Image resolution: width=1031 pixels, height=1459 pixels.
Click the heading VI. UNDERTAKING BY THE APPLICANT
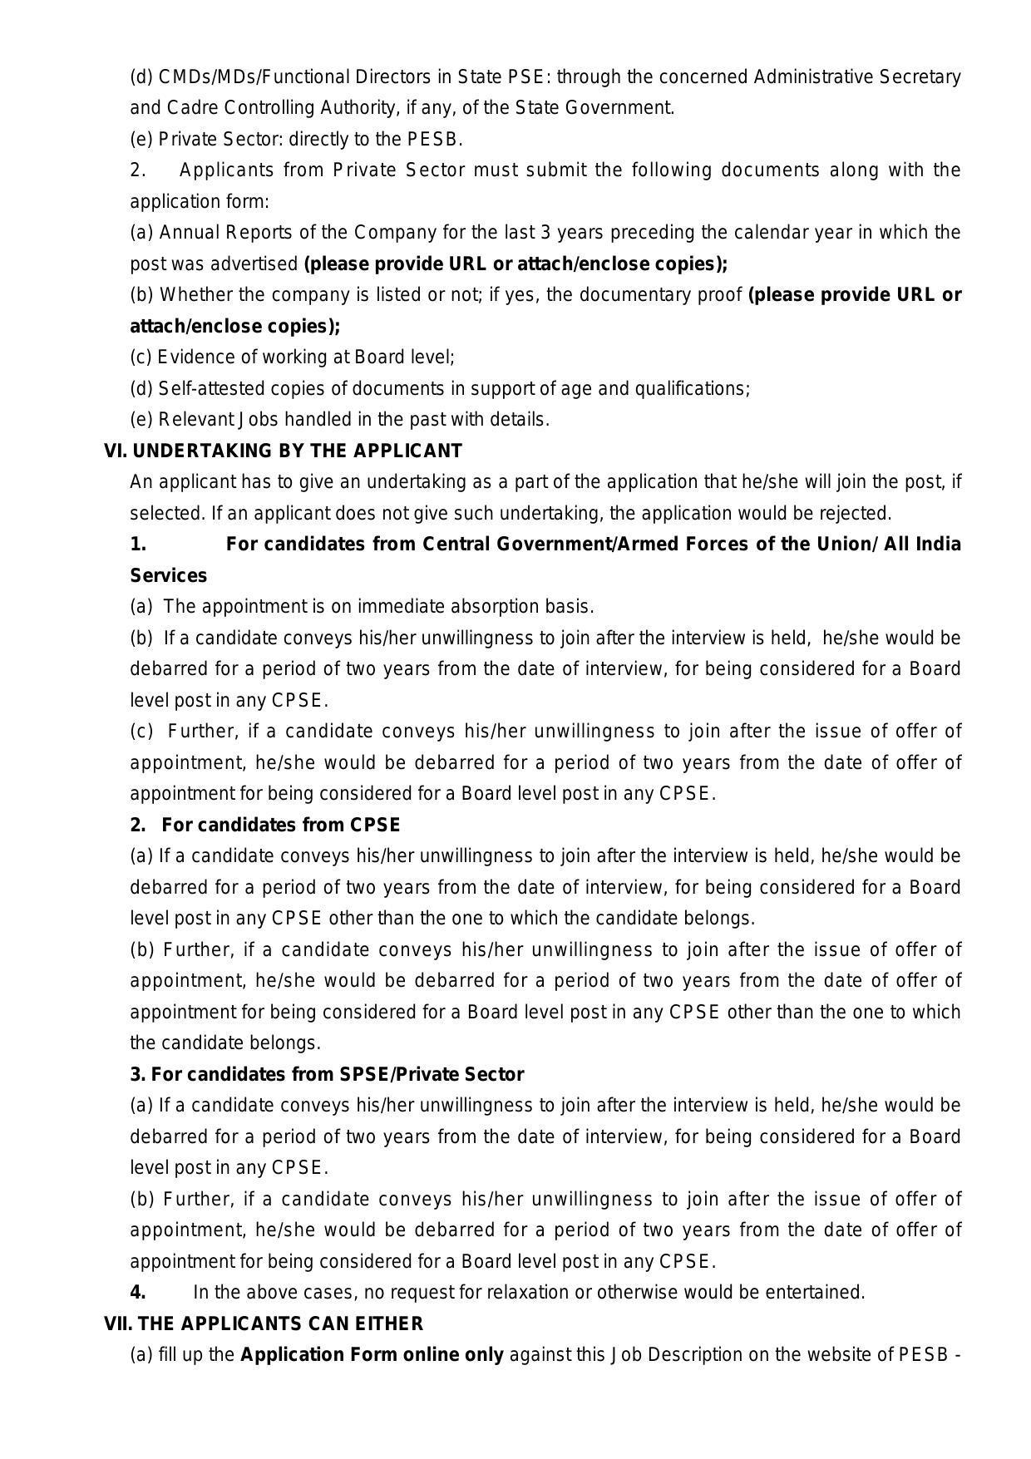point(283,451)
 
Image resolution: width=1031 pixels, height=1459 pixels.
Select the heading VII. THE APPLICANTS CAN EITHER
point(263,1323)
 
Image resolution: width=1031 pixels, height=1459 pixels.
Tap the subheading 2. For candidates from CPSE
point(264,825)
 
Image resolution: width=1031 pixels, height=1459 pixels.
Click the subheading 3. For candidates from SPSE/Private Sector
point(326,1074)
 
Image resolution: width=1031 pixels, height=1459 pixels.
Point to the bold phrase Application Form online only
point(372,1355)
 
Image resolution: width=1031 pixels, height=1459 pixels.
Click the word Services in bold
point(168,575)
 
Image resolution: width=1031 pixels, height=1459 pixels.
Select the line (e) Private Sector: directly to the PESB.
point(296,139)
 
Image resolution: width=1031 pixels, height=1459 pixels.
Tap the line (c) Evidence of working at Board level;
point(292,357)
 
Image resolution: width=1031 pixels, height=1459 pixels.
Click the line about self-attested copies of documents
point(440,388)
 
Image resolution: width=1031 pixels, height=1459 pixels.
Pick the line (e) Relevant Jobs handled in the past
point(339,420)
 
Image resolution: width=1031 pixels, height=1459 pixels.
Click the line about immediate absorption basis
point(362,607)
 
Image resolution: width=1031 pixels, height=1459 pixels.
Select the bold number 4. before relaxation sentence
point(138,1293)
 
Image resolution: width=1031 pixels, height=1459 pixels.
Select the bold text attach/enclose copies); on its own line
point(234,326)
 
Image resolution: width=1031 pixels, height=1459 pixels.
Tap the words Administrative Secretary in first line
point(856,76)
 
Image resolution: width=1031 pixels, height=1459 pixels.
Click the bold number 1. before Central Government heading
point(138,545)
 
